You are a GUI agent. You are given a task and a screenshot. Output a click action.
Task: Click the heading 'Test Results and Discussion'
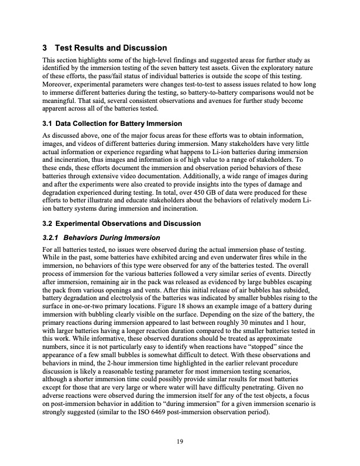(110, 48)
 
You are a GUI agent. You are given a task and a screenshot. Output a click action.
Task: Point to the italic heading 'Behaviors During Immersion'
(111, 238)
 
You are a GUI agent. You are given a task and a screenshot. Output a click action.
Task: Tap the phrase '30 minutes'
(233, 324)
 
